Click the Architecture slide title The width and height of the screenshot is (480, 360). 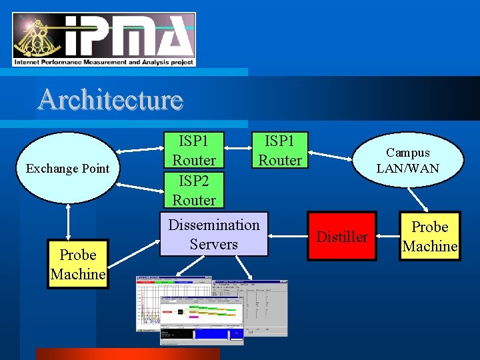pyautogui.click(x=110, y=100)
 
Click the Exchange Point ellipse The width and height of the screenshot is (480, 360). pyautogui.click(x=67, y=168)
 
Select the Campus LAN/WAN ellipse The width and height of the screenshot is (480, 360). pyautogui.click(x=407, y=160)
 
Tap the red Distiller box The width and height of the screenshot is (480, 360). pyautogui.click(x=341, y=237)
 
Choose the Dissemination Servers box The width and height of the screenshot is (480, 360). pyautogui.click(x=213, y=234)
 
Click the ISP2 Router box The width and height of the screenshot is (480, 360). pyautogui.click(x=194, y=190)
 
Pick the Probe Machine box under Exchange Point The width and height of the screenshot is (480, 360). pyautogui.click(x=77, y=264)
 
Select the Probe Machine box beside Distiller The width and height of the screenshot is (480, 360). pyautogui.click(x=429, y=236)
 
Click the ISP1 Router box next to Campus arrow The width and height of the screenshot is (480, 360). pyautogui.click(x=280, y=151)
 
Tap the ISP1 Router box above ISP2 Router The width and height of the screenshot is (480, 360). pyautogui.click(x=194, y=151)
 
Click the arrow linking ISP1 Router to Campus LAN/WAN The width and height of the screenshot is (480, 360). pyautogui.click(x=333, y=157)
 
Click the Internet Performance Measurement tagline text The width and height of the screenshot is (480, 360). pyautogui.click(x=103, y=62)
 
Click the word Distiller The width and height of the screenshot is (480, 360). pyautogui.click(x=341, y=237)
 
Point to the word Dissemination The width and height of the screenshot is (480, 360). pyautogui.click(x=213, y=225)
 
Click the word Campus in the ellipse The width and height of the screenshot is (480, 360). pyautogui.click(x=407, y=153)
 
